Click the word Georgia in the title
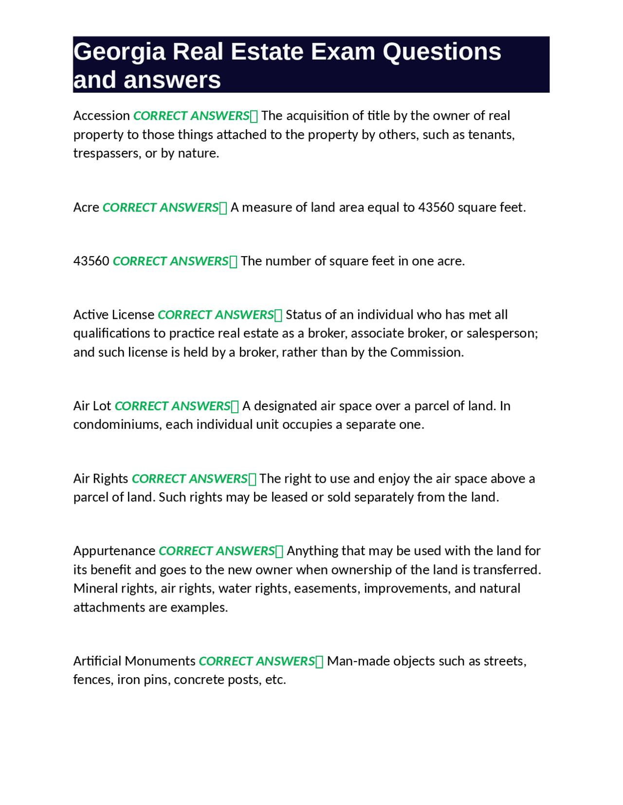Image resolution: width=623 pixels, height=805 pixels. (119, 52)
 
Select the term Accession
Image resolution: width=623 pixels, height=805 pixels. (101, 116)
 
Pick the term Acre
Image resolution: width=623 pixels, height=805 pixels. (86, 208)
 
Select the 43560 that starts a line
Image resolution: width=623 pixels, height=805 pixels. (91, 261)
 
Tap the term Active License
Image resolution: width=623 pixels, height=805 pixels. (113, 315)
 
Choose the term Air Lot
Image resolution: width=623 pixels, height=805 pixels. (92, 406)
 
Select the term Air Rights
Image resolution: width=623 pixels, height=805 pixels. (101, 479)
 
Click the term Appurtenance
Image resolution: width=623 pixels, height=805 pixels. (114, 551)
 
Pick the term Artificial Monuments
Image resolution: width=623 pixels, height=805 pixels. (134, 661)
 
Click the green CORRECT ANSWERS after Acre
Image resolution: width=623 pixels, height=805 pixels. (161, 208)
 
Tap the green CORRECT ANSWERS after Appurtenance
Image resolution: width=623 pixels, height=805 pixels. (217, 551)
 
